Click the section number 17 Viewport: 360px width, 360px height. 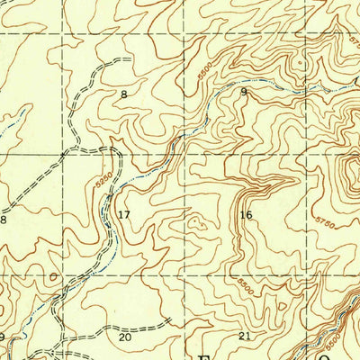pos(124,214)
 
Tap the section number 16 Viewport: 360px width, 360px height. pos(246,214)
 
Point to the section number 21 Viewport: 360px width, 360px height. pos(245,336)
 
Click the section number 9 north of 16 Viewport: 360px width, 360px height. pos(243,92)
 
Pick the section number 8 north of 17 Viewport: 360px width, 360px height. pos(124,94)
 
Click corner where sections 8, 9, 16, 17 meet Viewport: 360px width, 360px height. pos(184,152)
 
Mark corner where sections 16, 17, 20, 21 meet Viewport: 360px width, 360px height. pos(184,275)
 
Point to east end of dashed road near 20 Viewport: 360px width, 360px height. pos(171,319)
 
